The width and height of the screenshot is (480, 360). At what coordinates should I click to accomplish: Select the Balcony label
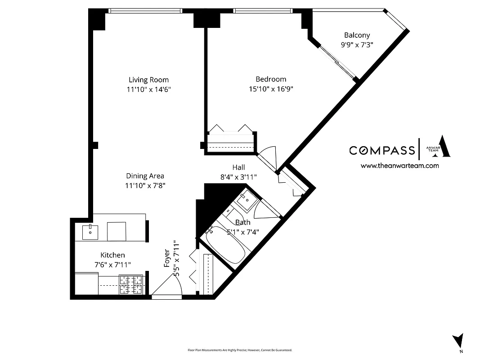pyautogui.click(x=357, y=35)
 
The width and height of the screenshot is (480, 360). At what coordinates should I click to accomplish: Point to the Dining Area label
pyautogui.click(x=145, y=176)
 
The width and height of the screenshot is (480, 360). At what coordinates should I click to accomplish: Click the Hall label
pyautogui.click(x=238, y=167)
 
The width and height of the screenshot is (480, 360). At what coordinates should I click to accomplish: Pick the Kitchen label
pyautogui.click(x=112, y=255)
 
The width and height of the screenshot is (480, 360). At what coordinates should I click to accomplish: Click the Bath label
pyautogui.click(x=243, y=222)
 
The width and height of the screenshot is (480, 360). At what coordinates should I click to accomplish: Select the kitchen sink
pyautogui.click(x=91, y=231)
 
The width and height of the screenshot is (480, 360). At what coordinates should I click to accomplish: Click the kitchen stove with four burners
pyautogui.click(x=131, y=284)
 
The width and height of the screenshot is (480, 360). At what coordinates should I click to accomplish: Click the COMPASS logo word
pyautogui.click(x=382, y=150)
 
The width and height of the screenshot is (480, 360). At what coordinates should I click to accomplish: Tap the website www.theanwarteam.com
pyautogui.click(x=399, y=166)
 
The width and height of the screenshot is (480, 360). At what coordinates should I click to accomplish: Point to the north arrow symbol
pyautogui.click(x=458, y=340)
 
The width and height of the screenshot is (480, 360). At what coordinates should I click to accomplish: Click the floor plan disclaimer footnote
pyautogui.click(x=240, y=350)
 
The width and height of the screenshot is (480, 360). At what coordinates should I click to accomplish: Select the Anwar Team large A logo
pyautogui.click(x=443, y=147)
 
